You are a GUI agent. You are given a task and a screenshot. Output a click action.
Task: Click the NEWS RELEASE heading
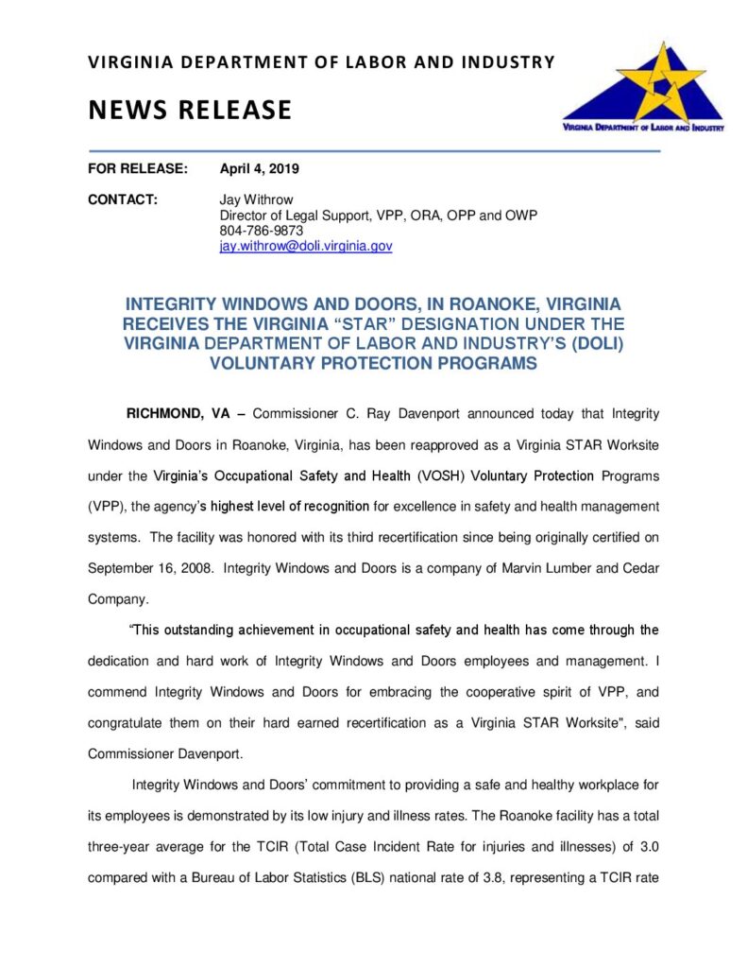190,111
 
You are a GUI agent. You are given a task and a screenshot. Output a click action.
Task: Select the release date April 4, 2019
259,170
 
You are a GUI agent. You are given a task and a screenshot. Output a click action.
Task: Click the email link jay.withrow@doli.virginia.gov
305,246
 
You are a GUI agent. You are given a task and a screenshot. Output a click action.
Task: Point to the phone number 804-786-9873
262,231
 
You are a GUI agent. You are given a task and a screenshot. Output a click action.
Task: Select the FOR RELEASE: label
138,170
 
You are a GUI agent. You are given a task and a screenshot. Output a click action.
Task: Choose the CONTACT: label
122,200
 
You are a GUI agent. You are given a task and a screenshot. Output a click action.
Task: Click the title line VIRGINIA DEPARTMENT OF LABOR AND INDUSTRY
321,63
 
